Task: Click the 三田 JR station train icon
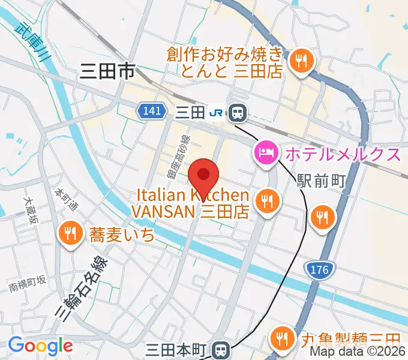coord(238,112)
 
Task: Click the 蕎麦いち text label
coord(122,234)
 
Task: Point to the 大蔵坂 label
coord(30,211)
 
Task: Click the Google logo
coord(40,346)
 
